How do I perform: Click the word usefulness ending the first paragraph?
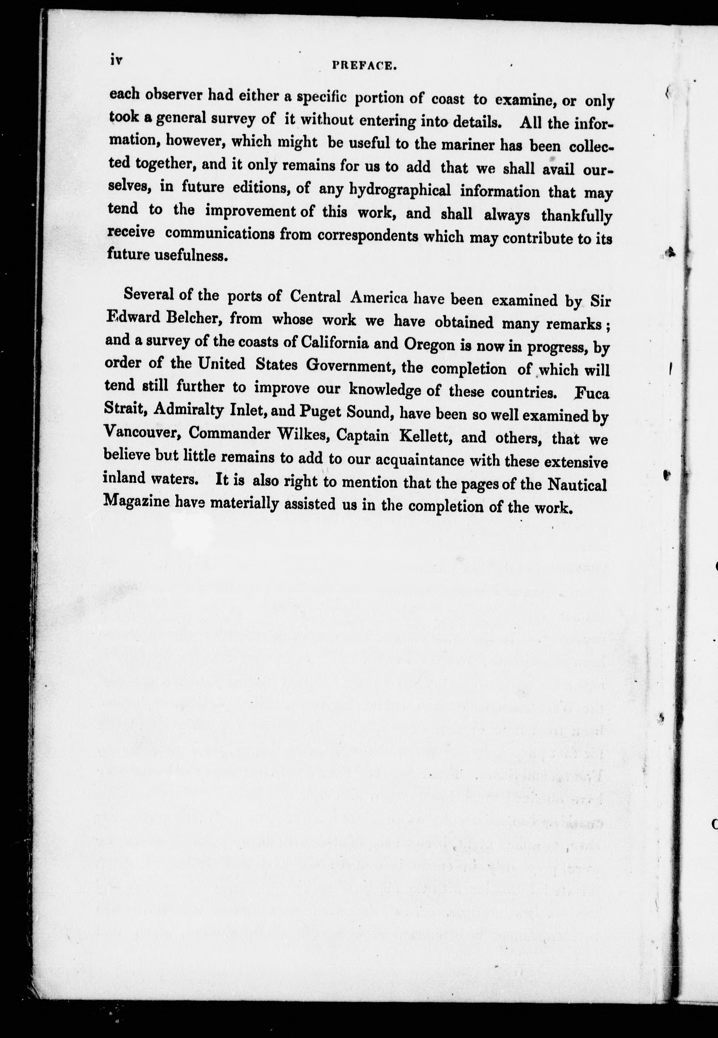tap(189, 256)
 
